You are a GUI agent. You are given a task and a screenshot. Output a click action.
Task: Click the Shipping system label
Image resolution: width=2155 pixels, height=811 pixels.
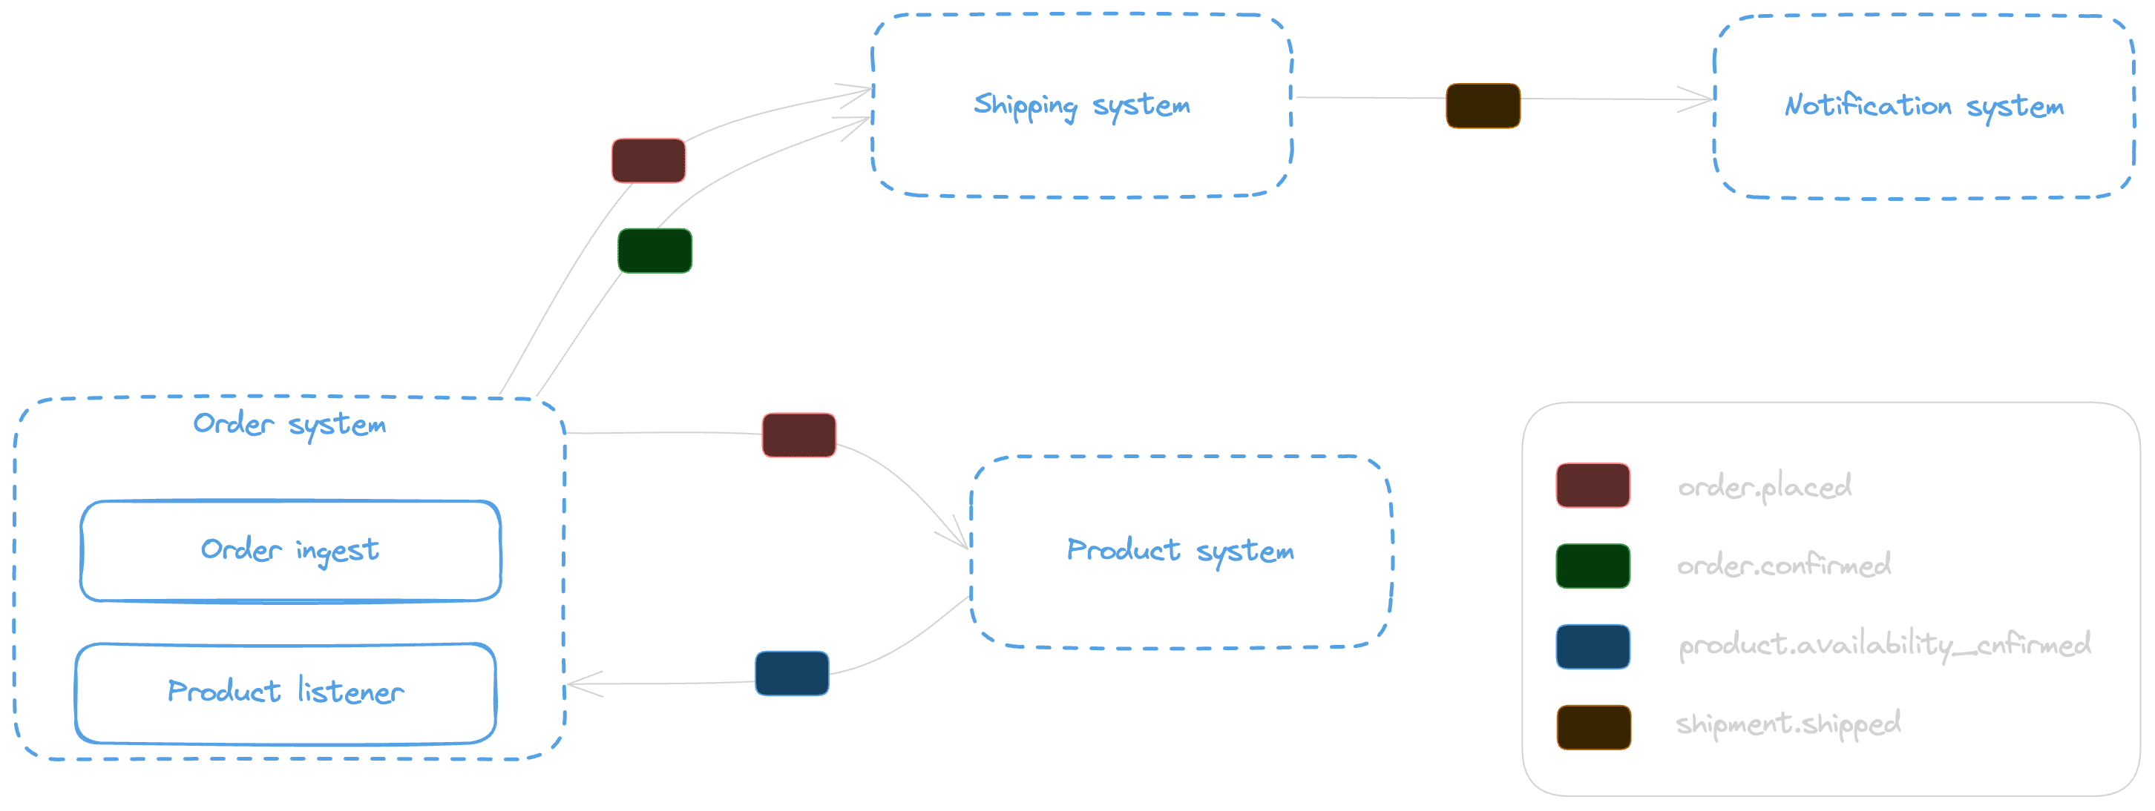pyautogui.click(x=1082, y=106)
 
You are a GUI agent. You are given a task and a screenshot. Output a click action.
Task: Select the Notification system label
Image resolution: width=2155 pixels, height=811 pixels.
pyautogui.click(x=1923, y=106)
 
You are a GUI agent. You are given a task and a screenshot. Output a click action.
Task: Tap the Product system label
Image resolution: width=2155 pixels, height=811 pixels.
pyautogui.click(x=1180, y=551)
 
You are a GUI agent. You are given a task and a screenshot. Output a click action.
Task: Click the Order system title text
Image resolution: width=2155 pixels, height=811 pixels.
pyautogui.click(x=289, y=424)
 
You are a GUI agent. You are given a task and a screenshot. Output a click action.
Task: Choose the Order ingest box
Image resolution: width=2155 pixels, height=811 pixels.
pyautogui.click(x=289, y=550)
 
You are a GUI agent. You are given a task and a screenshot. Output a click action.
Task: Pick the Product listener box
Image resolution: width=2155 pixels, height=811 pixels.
pyautogui.click(x=285, y=692)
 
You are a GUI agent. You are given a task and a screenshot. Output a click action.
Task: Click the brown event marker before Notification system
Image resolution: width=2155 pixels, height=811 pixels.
pyautogui.click(x=1483, y=106)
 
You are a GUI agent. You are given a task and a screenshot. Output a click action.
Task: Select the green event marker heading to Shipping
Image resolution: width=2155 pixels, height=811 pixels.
pyautogui.click(x=655, y=251)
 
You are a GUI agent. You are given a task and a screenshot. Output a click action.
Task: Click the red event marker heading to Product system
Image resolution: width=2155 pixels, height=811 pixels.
pyautogui.click(x=798, y=434)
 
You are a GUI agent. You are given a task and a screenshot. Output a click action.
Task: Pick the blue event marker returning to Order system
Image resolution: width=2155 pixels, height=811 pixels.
pyautogui.click(x=791, y=673)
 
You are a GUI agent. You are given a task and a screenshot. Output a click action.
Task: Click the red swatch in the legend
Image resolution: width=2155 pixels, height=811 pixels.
pyautogui.click(x=1592, y=486)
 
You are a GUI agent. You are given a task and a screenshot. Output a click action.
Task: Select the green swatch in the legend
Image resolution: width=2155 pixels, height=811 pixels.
pyautogui.click(x=1592, y=566)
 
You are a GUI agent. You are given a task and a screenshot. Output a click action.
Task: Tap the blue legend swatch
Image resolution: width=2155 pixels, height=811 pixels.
pyautogui.click(x=1592, y=646)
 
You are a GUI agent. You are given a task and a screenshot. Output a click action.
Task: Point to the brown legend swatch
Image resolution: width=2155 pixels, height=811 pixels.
pyautogui.click(x=1592, y=726)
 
